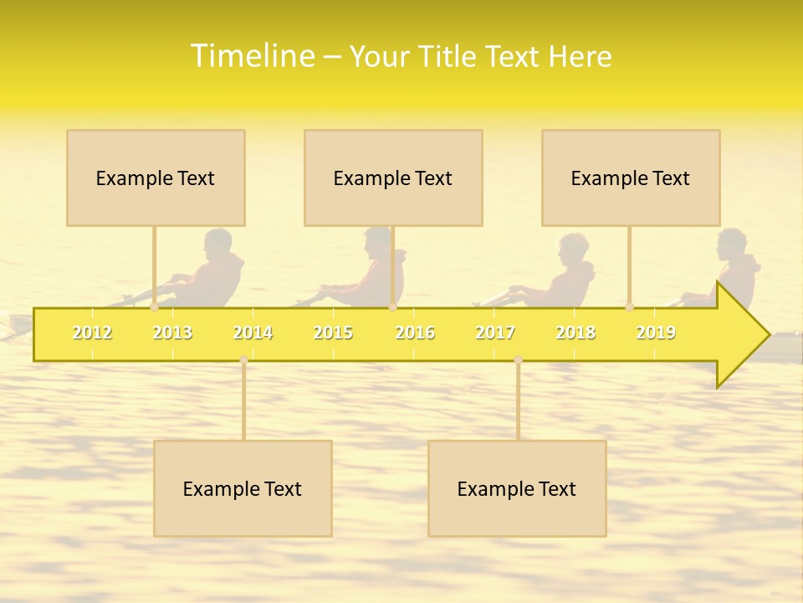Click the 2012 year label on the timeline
tap(92, 333)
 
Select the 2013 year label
tap(172, 333)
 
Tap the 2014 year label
tap(253, 333)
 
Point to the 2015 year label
tap(333, 333)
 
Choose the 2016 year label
tap(415, 333)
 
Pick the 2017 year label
tap(495, 333)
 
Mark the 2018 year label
tap(575, 333)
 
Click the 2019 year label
tap(656, 333)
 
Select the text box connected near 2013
tap(156, 178)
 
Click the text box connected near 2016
tap(393, 178)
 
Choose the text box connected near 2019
tap(631, 178)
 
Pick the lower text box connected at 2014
tap(243, 488)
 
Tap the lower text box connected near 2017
tap(517, 488)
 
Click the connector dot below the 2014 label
tap(243, 359)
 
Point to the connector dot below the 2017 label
tap(518, 359)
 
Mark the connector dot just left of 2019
tap(629, 307)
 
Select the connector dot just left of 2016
tap(392, 307)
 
